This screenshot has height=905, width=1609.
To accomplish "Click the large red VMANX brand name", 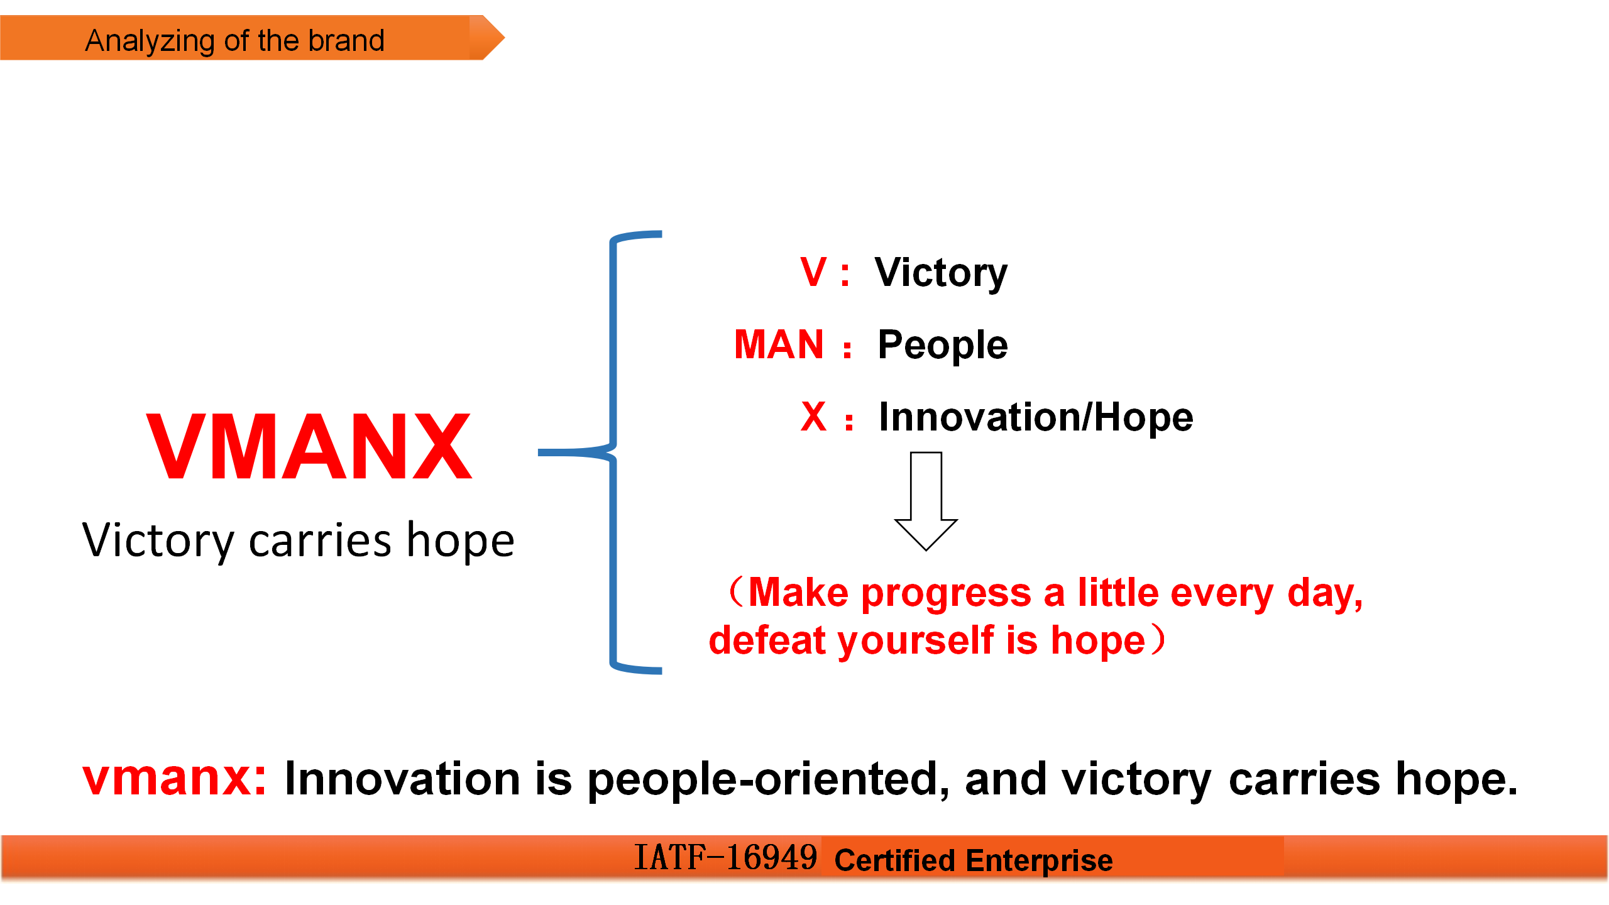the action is tap(309, 446).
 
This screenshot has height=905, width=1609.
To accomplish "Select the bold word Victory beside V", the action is tap(941, 274).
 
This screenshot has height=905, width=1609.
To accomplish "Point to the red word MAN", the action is tap(779, 344).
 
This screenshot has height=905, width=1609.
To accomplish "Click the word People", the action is tap(943, 346).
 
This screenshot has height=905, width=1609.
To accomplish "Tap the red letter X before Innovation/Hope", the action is tap(814, 416).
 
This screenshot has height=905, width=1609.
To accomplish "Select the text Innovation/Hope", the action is tap(1036, 417).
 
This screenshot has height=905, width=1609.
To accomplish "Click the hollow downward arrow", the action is tap(926, 501).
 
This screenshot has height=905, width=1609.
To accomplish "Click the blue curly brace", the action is tap(613, 452).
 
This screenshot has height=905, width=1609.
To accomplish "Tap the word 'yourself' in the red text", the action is tap(916, 641).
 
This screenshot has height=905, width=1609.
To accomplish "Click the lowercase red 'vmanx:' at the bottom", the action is tap(175, 779).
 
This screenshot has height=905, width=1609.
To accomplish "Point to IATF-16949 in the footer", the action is tap(725, 858).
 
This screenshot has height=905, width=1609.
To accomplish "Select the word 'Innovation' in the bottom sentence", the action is tap(402, 779).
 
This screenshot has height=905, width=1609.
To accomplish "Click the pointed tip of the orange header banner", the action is tap(505, 38).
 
